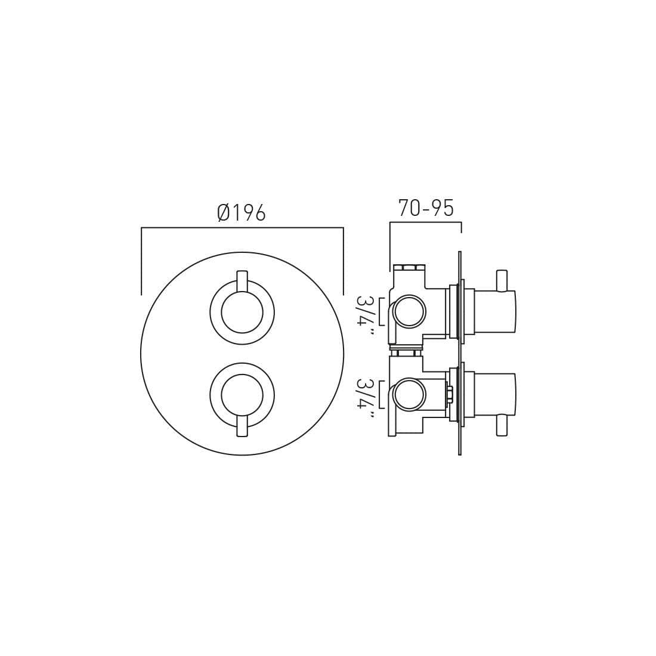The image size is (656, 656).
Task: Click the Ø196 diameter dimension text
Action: pos(242,212)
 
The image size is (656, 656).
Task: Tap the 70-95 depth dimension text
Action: pos(426,208)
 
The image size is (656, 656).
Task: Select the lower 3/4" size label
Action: pos(364,397)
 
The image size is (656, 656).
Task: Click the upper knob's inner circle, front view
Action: pos(242,312)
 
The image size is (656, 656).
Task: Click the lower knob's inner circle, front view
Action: pos(242,395)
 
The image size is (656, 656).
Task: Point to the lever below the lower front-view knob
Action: pos(242,427)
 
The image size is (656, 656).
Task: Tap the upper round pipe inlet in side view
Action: pos(409,311)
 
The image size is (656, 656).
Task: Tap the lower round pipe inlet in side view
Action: pos(409,394)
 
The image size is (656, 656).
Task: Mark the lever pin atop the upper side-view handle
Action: pos(502,280)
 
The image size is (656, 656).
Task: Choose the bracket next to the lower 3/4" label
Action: pos(380,394)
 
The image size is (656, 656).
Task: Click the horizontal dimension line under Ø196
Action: pos(242,228)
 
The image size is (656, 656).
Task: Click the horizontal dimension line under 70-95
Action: pos(425,222)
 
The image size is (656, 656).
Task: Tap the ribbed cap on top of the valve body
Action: pos(409,267)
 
